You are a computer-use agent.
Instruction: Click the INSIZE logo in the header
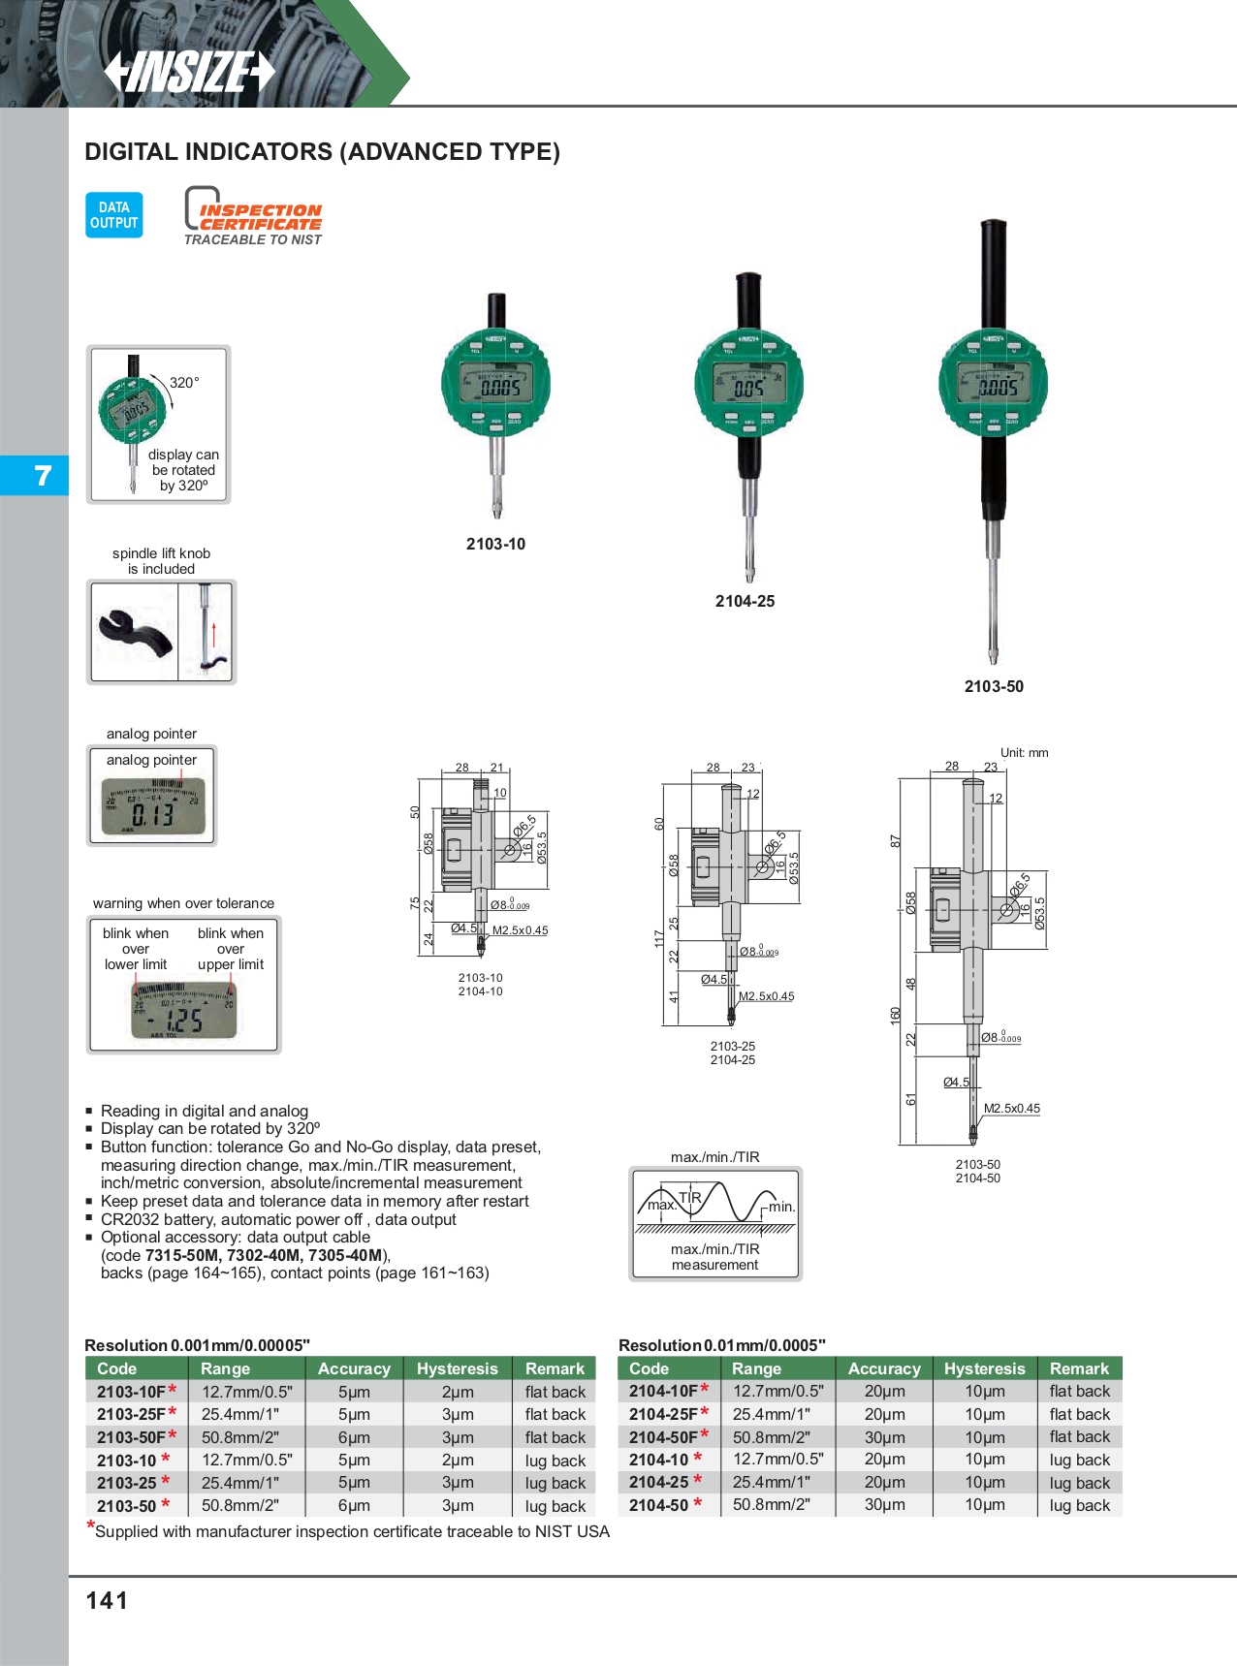click(x=190, y=71)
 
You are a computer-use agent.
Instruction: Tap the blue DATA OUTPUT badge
click(x=114, y=215)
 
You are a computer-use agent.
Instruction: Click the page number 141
click(x=107, y=1600)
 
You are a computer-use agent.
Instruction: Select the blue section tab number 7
click(x=43, y=476)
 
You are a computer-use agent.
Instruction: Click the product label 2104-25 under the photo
click(x=745, y=601)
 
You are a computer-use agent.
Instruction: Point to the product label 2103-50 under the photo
click(x=994, y=686)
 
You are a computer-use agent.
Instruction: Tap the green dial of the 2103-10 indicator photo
click(x=495, y=384)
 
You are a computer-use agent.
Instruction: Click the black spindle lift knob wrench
click(x=135, y=634)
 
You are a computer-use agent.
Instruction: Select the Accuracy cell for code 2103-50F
click(x=354, y=1437)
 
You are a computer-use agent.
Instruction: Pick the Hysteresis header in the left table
click(x=457, y=1368)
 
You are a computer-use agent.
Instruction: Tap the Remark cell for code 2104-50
click(x=1079, y=1505)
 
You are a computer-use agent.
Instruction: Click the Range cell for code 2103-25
click(x=240, y=1483)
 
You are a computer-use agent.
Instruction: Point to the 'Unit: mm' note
click(x=1024, y=753)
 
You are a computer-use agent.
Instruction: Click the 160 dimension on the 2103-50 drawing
click(x=895, y=1015)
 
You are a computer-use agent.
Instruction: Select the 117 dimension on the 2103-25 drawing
click(x=659, y=937)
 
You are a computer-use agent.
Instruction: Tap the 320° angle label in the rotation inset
click(x=184, y=383)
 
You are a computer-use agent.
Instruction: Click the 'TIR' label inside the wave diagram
click(x=689, y=1197)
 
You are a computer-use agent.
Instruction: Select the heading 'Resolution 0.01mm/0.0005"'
click(x=721, y=1345)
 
